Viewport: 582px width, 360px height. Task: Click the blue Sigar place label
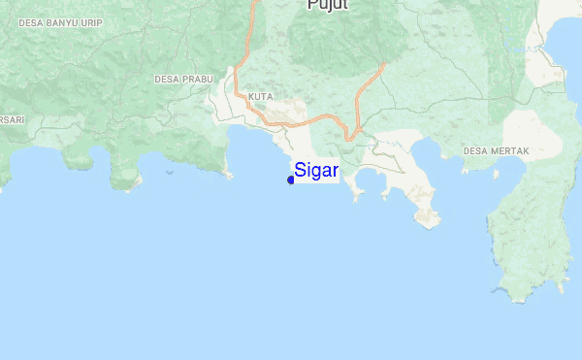coord(316,170)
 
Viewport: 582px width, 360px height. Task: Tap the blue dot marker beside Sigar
coord(291,180)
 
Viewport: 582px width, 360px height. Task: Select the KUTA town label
coord(260,97)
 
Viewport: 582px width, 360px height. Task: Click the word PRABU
coord(195,79)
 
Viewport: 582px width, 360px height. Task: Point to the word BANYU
coord(65,20)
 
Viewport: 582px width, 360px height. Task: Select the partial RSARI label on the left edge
coord(12,118)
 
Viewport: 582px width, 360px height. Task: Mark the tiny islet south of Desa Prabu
coord(170,173)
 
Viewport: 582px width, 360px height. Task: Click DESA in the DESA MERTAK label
coord(475,151)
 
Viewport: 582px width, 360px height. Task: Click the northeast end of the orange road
coord(385,65)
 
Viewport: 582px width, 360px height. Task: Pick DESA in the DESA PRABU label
coord(166,79)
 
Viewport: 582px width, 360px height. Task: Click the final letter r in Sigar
coord(336,171)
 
